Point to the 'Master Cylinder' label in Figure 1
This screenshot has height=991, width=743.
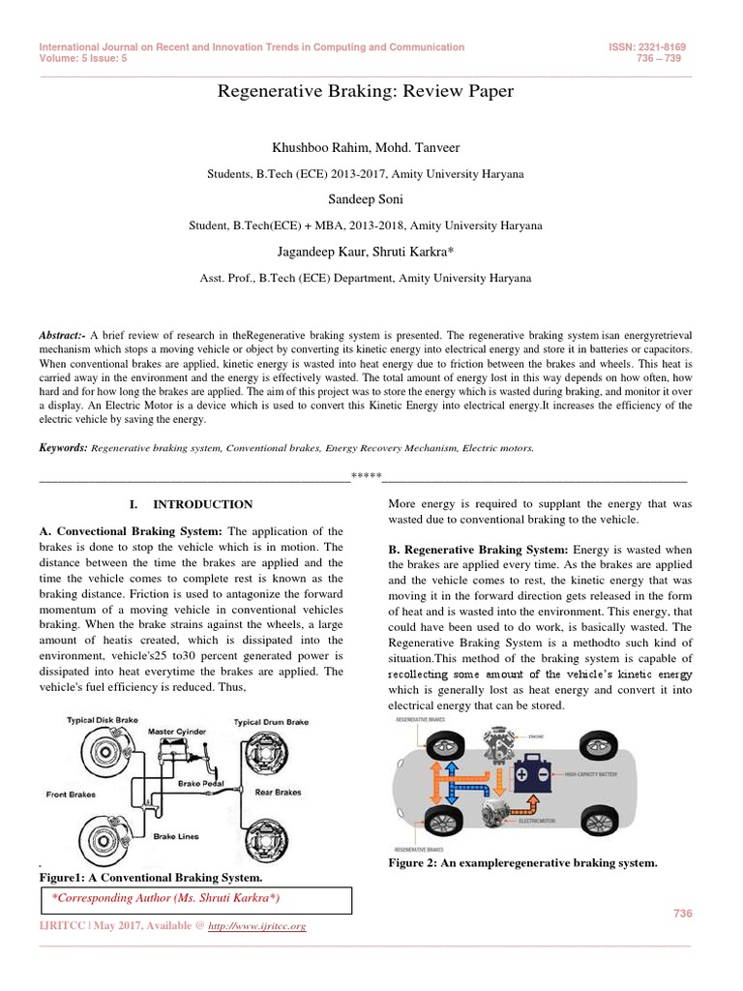coord(177,732)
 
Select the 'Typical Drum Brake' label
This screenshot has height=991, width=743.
coord(271,722)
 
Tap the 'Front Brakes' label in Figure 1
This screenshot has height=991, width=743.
coord(71,795)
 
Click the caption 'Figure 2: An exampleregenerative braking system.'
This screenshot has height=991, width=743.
coord(522,862)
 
